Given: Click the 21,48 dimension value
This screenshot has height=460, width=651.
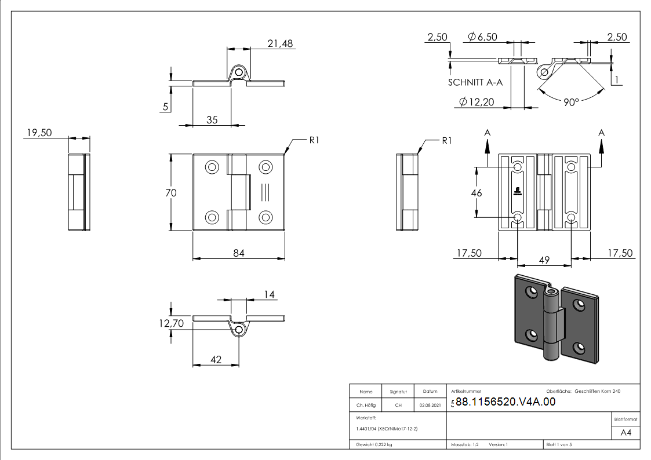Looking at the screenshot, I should [280, 43].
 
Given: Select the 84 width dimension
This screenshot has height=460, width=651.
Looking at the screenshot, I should [238, 253].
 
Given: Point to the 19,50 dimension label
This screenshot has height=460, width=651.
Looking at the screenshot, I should [39, 133].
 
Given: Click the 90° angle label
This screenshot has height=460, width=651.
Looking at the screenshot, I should [571, 102].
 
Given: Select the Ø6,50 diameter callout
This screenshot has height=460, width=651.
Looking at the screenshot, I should [482, 37].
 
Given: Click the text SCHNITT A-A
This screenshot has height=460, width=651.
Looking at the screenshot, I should [475, 83].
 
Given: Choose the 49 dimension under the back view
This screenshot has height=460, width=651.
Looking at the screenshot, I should [544, 260].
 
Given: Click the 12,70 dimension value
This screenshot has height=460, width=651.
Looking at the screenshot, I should [172, 323].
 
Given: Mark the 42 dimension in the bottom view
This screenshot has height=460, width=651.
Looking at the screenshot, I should [216, 360].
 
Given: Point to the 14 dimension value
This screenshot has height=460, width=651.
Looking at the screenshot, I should [269, 295].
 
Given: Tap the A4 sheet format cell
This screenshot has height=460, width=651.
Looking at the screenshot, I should [625, 433].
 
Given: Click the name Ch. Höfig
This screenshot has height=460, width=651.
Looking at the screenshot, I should [366, 406].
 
